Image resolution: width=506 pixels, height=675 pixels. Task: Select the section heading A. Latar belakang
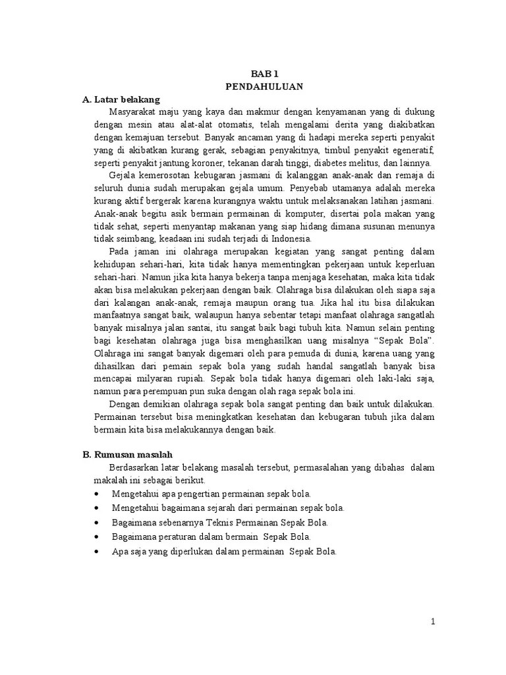pyautogui.click(x=121, y=100)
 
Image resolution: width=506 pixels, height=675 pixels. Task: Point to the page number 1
pyautogui.click(x=433, y=621)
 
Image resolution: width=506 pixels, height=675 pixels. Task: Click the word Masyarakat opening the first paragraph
pyautogui.click(x=134, y=112)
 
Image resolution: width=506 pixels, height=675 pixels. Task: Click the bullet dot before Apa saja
pyautogui.click(x=98, y=552)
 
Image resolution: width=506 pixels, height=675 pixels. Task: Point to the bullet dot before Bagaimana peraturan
pyautogui.click(x=98, y=537)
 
